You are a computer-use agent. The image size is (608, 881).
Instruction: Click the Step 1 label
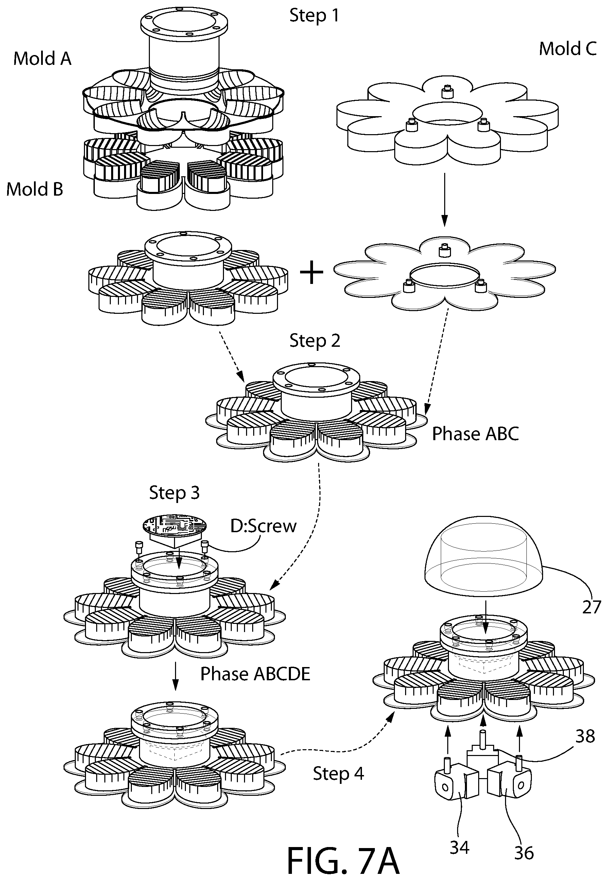(x=314, y=16)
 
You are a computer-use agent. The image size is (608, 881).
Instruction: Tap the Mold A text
(x=42, y=59)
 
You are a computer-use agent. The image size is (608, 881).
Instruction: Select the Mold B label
(x=35, y=189)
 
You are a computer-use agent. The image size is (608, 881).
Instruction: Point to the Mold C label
(x=568, y=49)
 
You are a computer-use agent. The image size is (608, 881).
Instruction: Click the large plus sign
(x=312, y=273)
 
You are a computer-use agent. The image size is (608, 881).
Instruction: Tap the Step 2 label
(x=315, y=341)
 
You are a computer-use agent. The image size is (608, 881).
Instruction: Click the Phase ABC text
(x=475, y=434)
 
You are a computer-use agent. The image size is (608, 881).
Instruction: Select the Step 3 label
(x=174, y=493)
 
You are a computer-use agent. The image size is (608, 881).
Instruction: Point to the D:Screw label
(x=263, y=526)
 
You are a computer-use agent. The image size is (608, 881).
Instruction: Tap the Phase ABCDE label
(x=255, y=674)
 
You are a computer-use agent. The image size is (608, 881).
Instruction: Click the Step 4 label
(x=338, y=774)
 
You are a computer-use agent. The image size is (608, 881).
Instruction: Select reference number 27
(x=591, y=607)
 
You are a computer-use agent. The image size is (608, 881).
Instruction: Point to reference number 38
(x=585, y=737)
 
